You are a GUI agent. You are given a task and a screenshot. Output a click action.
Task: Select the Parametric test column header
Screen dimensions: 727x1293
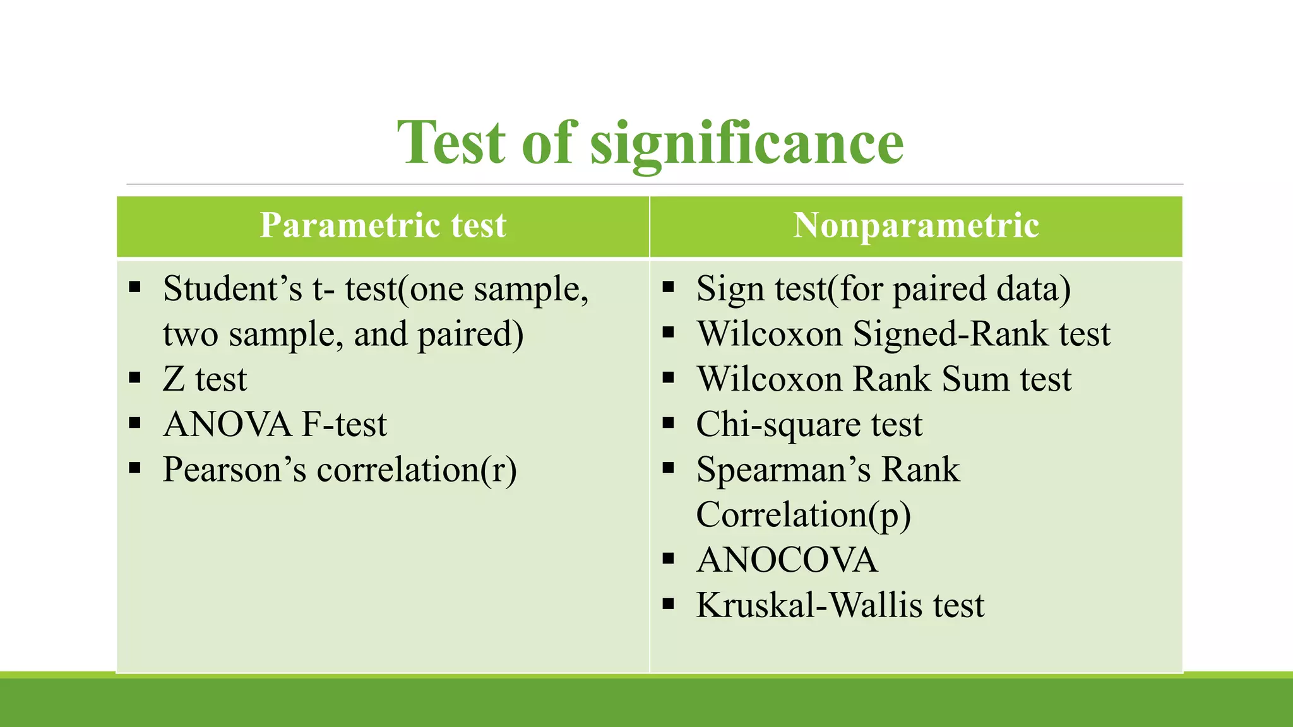point(383,225)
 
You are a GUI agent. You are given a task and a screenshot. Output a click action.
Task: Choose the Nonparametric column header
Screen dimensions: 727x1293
point(915,225)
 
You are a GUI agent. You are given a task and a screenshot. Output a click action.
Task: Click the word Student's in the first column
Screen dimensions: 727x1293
point(232,289)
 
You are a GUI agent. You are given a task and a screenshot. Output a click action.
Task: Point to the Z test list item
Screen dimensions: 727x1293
point(205,379)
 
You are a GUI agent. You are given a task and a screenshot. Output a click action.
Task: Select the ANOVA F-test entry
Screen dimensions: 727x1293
point(275,424)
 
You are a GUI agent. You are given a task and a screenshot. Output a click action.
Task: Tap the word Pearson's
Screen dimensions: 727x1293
point(234,470)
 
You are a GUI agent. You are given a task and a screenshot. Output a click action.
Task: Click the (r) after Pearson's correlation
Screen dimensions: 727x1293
point(499,470)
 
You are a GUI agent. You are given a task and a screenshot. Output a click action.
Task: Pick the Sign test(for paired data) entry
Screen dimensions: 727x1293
point(883,289)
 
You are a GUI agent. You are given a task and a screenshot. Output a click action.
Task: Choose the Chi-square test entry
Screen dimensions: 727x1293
point(809,424)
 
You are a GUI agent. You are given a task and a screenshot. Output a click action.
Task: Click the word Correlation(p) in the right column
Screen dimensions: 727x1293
point(803,515)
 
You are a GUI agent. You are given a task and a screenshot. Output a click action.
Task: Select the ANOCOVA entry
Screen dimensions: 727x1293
point(787,560)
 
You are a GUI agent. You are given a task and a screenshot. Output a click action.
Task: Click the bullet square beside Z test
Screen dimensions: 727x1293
point(134,378)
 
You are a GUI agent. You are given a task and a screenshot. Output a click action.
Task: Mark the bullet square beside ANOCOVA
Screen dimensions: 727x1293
point(669,559)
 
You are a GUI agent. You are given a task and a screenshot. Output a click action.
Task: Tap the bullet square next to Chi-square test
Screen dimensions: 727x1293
point(669,423)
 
